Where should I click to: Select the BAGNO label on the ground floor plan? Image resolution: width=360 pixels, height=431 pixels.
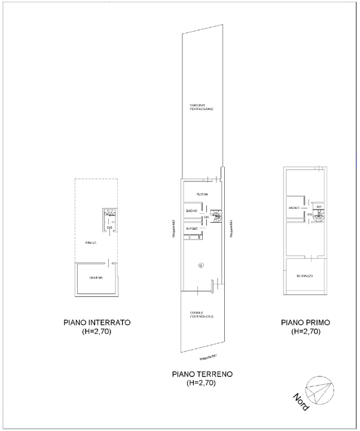191,211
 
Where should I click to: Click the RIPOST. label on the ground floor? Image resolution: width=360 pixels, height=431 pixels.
193,229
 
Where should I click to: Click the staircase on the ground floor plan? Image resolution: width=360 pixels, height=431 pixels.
215,216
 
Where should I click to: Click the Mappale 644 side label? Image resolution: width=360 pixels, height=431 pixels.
231,229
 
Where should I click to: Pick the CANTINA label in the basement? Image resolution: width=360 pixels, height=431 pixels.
96,278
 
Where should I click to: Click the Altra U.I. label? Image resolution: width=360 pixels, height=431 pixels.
90,242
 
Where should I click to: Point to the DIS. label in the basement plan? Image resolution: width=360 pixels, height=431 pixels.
109,227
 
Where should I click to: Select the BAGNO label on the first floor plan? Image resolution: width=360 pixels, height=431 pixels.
294,207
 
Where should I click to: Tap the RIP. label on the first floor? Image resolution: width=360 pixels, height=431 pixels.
319,207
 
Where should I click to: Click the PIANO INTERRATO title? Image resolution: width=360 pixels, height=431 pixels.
96,323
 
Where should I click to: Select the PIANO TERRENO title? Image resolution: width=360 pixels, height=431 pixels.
202,374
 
